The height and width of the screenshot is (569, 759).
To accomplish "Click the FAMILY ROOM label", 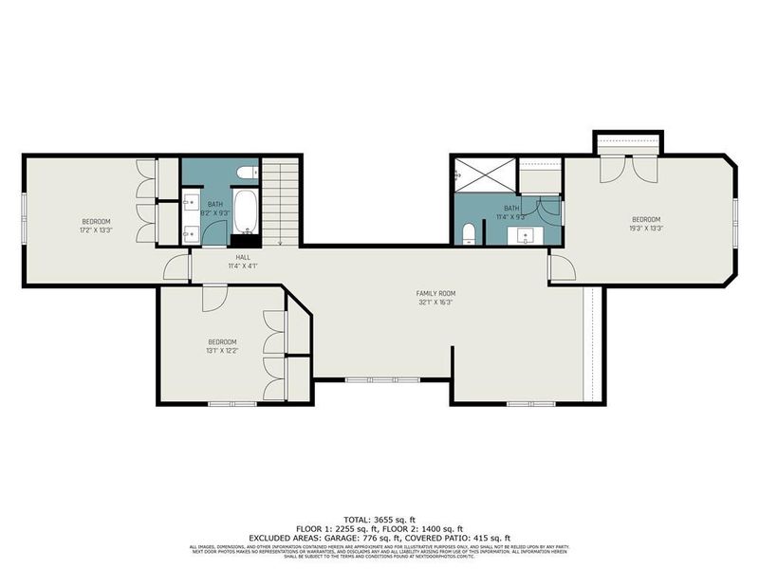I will pos(436,293).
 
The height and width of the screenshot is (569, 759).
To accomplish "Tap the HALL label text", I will pos(244,257).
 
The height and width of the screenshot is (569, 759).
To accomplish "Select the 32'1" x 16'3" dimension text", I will pos(436,303).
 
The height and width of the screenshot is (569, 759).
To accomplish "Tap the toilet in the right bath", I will pos(469,234).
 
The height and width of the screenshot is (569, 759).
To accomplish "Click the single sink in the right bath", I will pos(525,235).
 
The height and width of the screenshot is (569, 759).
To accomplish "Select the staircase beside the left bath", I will pos(281,201).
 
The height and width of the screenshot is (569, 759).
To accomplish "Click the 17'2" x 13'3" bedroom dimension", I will pos(96,229).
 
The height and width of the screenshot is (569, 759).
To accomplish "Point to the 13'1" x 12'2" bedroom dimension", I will pos(223,351).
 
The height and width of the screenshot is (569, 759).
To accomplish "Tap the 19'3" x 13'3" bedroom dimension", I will pos(646,228).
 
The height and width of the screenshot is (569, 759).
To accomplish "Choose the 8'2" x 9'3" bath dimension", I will pos(215,213).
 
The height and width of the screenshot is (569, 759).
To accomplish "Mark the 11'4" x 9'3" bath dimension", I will pos(511,217).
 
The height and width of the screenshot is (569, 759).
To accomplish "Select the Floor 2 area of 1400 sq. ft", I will pos(441,528).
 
